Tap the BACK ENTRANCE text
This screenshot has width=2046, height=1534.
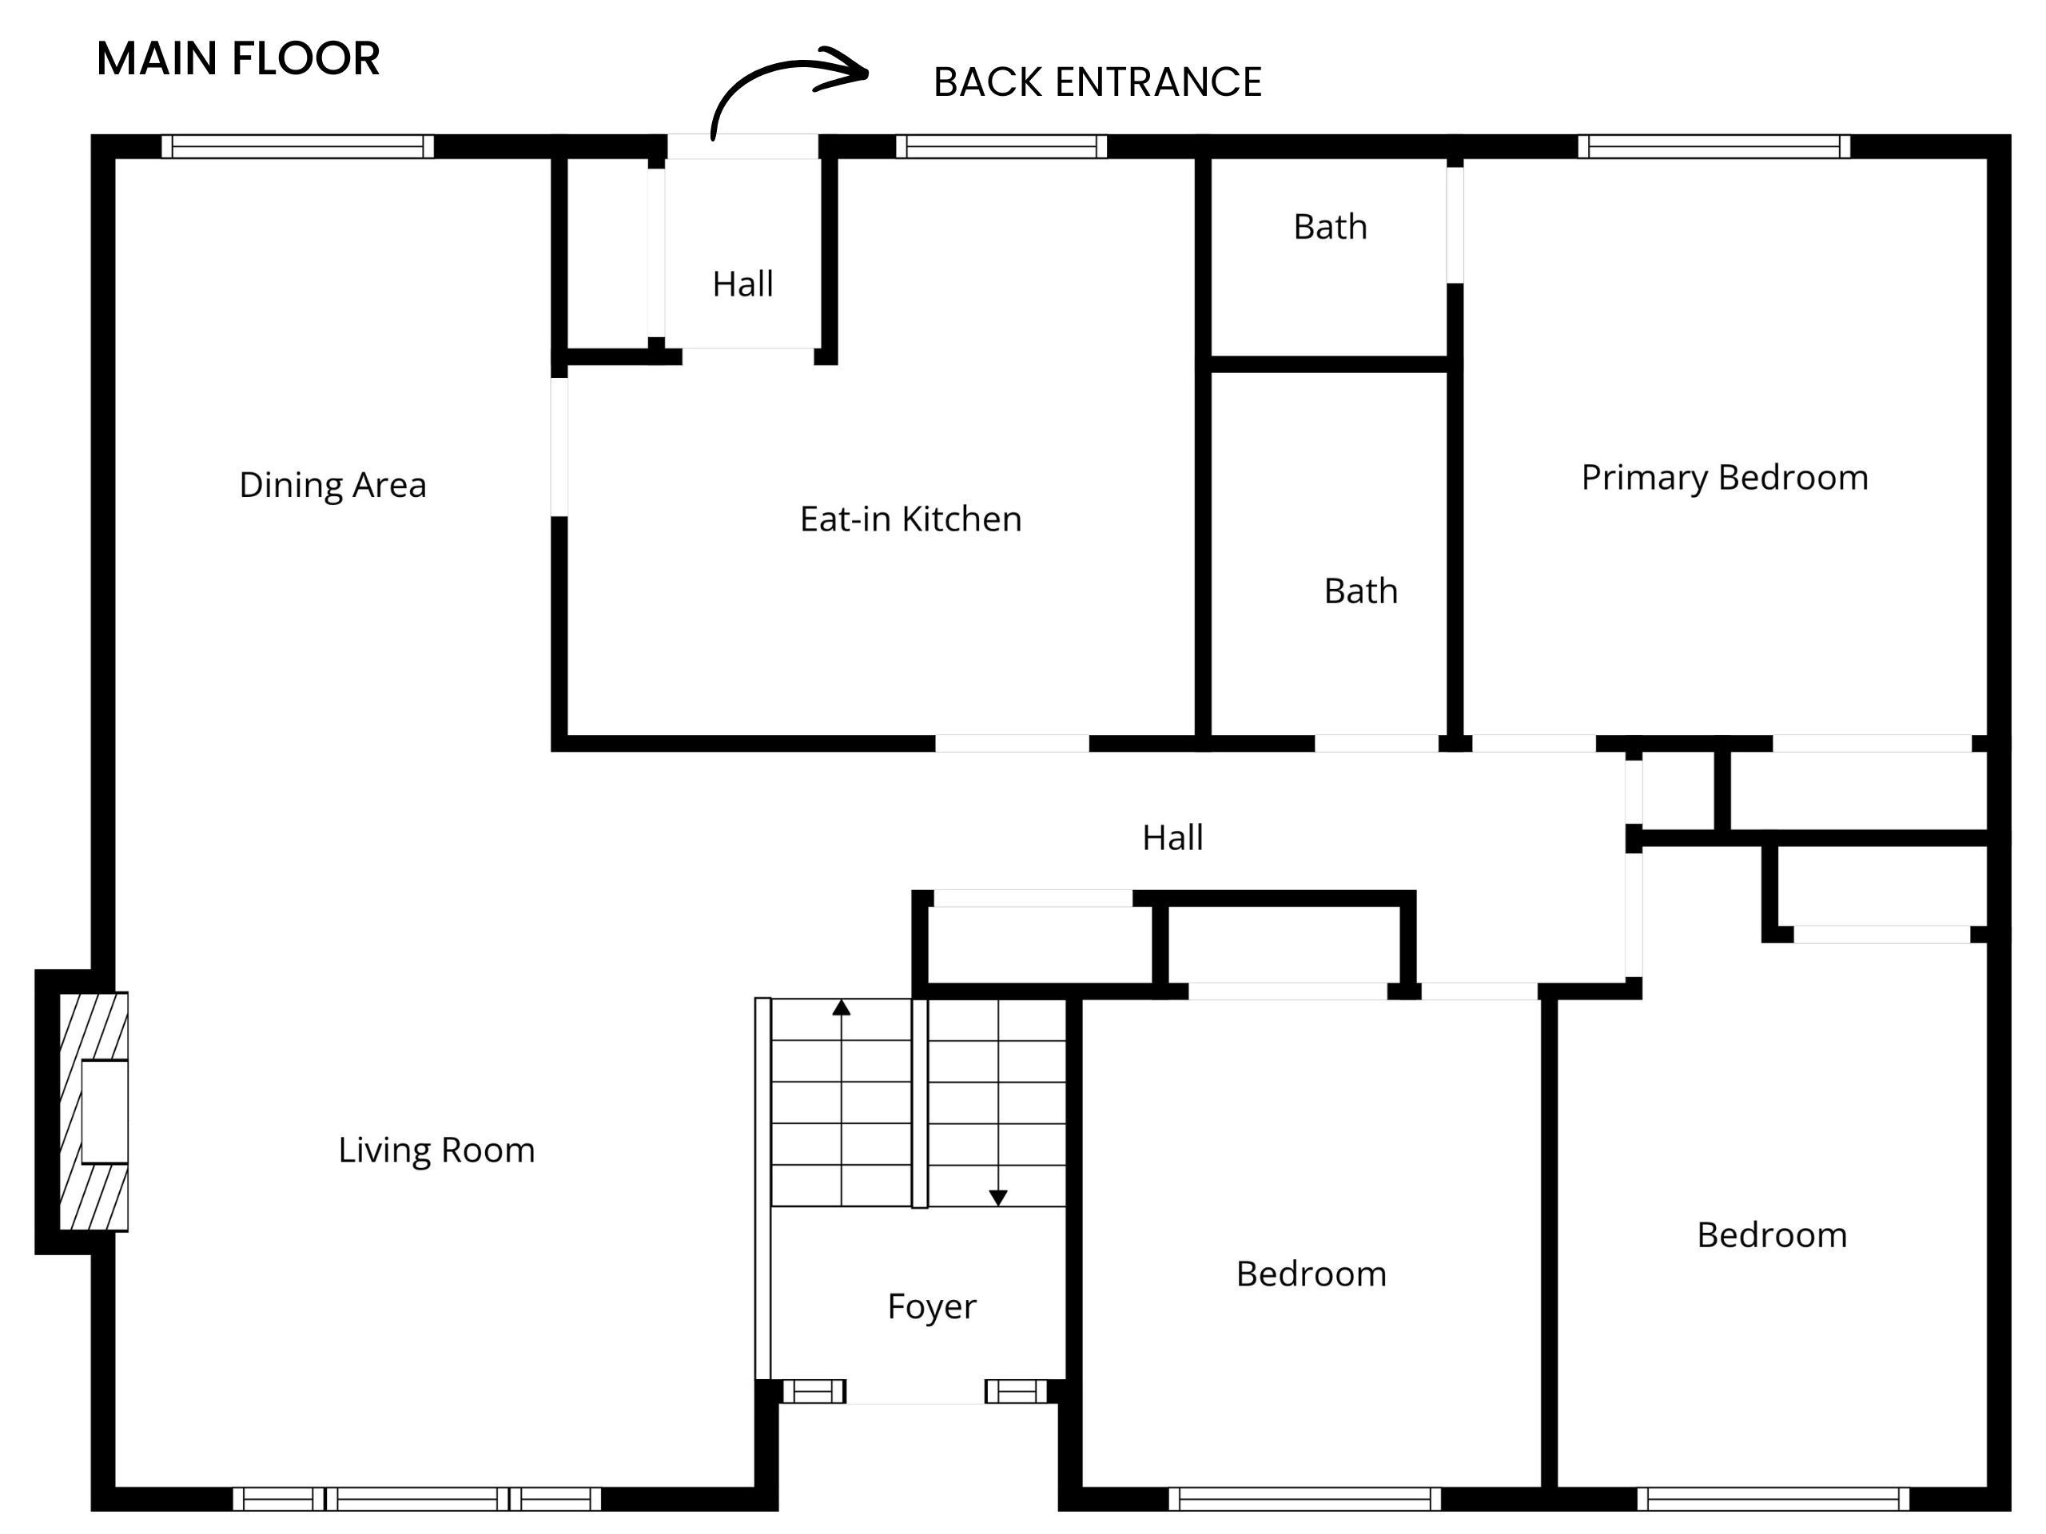(1097, 82)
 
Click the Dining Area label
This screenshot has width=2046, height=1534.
(333, 484)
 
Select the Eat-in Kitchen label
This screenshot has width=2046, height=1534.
(911, 519)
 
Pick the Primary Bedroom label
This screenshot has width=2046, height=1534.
(1725, 477)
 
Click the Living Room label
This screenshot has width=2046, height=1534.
(436, 1150)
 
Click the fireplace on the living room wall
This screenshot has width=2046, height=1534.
(94, 1111)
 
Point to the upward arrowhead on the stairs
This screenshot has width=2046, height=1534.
(841, 1007)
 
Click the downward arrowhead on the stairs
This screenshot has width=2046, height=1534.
(998, 1198)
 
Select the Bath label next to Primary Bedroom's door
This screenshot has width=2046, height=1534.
(1330, 227)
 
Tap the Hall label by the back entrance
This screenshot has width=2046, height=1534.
(742, 284)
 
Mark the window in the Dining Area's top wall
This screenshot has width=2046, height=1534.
(298, 146)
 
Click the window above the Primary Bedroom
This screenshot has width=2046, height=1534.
(1714, 146)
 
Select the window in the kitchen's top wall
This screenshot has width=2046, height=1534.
(1001, 146)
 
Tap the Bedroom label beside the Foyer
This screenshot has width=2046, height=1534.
(1312, 1274)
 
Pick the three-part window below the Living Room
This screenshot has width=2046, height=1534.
(416, 1499)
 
